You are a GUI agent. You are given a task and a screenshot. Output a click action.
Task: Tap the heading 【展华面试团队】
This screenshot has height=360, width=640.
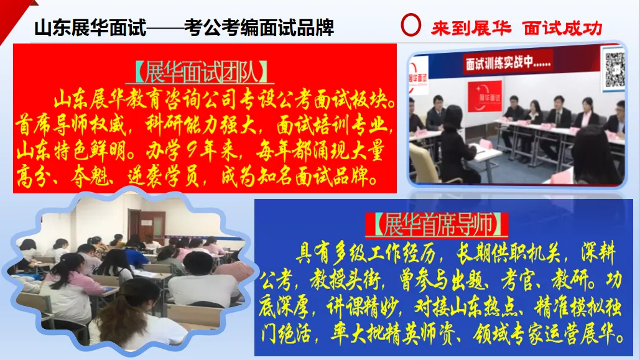pyautogui.click(x=203, y=73)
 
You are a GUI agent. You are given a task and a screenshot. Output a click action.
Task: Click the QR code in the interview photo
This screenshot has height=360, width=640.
pyautogui.click(x=614, y=68)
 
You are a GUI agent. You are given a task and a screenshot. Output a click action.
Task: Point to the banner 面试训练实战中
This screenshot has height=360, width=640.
pyautogui.click(x=508, y=63)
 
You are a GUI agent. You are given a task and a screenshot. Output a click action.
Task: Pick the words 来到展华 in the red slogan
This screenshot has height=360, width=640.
pyautogui.click(x=471, y=28)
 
